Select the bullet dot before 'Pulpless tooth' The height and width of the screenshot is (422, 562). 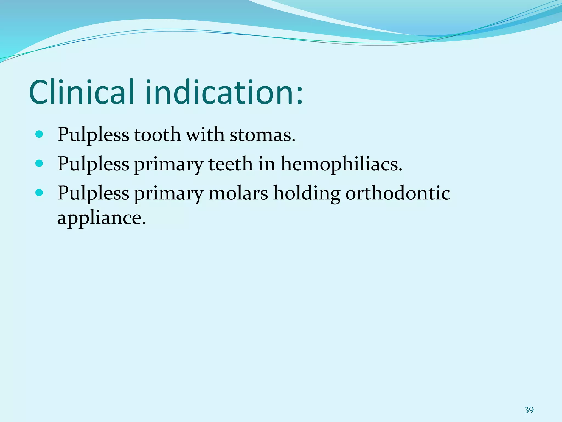[x=40, y=134]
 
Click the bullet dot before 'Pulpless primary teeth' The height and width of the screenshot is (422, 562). [x=40, y=164]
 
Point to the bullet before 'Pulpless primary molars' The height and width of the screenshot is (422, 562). [x=40, y=193]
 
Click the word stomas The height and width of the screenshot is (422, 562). [x=262, y=135]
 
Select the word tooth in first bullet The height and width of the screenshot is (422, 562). [x=157, y=135]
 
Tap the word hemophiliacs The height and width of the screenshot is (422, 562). [x=341, y=164]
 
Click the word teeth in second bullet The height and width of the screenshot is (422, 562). [x=230, y=164]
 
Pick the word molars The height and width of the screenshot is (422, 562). [x=238, y=193]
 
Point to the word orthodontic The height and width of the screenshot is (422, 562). [x=398, y=193]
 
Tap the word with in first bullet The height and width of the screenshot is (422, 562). [x=205, y=135]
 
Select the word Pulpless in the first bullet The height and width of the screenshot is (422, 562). [x=93, y=135]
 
